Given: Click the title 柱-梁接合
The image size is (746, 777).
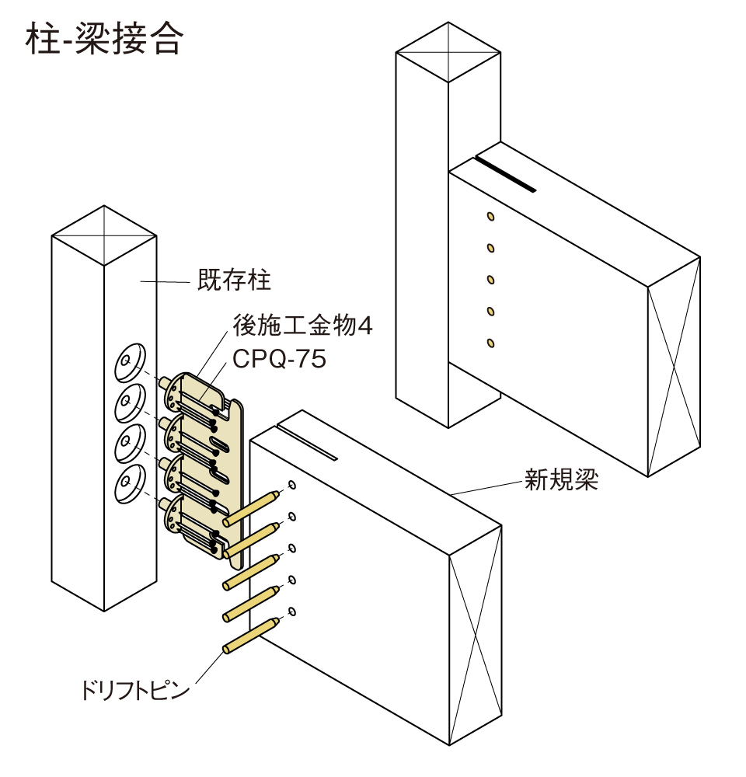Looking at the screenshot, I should pyautogui.click(x=104, y=40).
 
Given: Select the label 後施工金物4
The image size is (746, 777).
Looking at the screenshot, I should pyautogui.click(x=303, y=325).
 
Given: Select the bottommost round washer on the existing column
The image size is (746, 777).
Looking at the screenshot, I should pyautogui.click(x=127, y=486).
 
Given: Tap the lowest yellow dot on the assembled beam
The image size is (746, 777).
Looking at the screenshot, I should pyautogui.click(x=490, y=343).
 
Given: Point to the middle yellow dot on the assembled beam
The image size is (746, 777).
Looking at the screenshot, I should pyautogui.click(x=490, y=279).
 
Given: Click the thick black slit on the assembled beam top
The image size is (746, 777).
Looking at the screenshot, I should pyautogui.click(x=505, y=173).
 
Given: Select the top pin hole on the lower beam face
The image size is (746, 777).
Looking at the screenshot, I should pyautogui.click(x=291, y=486).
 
